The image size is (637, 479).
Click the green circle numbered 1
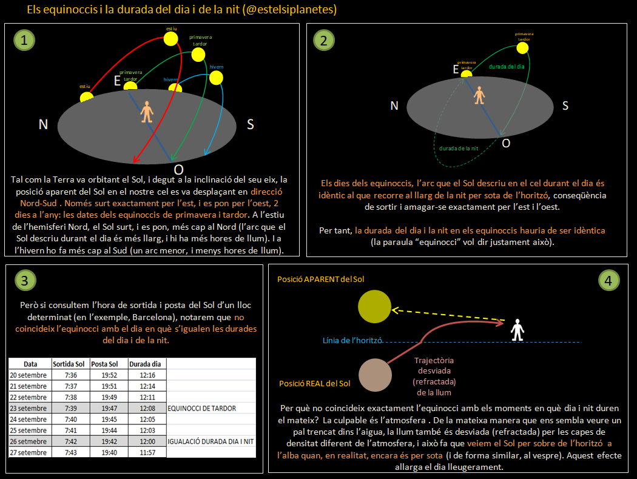(24, 41)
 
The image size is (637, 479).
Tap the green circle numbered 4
(608, 280)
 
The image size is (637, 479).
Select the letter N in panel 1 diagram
(43, 124)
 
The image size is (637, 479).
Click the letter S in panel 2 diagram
(565, 106)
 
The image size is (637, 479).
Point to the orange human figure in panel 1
(147, 113)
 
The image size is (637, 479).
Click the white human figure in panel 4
(517, 329)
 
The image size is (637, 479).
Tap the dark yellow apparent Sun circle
(374, 307)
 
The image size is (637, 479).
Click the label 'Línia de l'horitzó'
(352, 341)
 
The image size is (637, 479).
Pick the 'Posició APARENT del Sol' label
(321, 280)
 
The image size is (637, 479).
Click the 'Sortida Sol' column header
(69, 364)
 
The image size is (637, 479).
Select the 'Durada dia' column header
(146, 364)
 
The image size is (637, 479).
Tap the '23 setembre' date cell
(29, 408)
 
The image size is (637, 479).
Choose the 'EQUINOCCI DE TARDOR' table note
(202, 408)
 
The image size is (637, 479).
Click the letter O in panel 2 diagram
(507, 142)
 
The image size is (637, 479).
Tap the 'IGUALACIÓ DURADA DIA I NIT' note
(211, 441)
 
